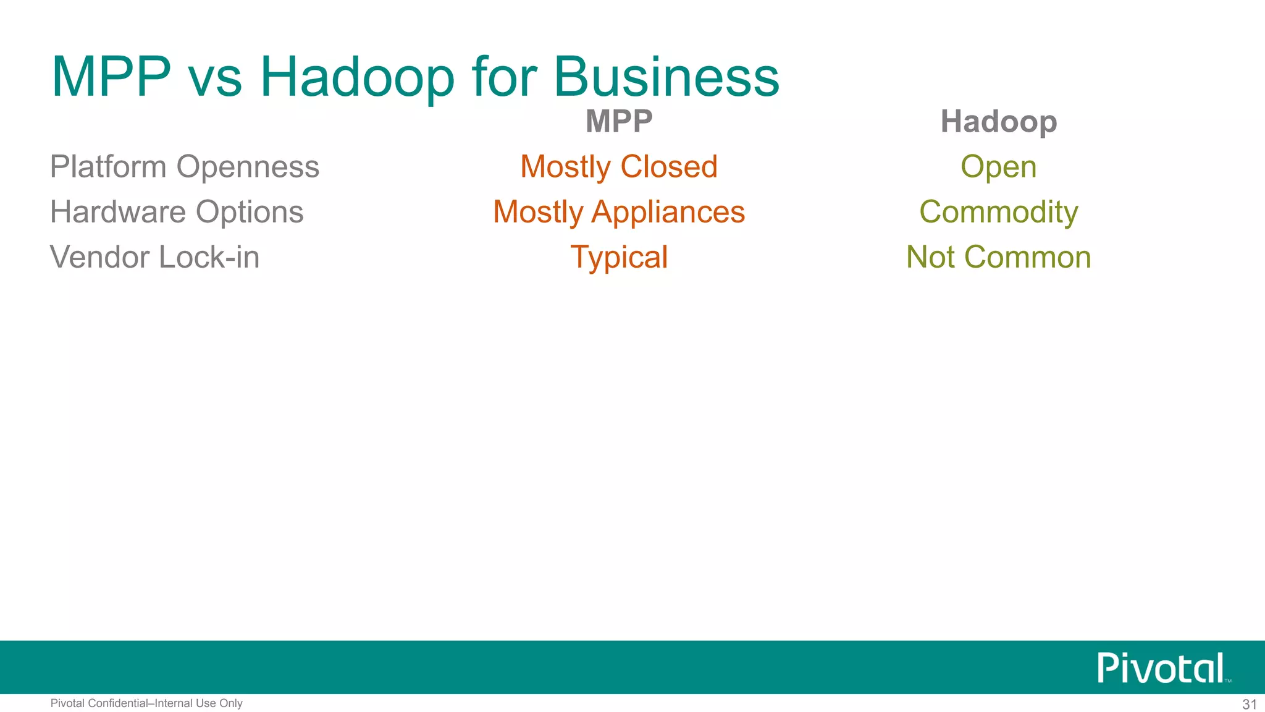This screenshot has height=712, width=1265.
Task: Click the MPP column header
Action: point(619,121)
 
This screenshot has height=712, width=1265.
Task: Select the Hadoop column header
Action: point(998,122)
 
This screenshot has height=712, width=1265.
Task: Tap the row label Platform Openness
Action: point(185,167)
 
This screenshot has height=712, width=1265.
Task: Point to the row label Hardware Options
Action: point(177,212)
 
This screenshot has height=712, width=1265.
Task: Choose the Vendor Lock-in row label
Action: point(154,257)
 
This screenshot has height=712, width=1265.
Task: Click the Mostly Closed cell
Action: point(619,167)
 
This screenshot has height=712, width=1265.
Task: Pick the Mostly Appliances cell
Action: point(619,212)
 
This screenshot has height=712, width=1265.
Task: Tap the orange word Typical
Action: point(619,257)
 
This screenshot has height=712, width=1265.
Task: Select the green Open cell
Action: point(998,167)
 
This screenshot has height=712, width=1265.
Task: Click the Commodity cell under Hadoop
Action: point(998,212)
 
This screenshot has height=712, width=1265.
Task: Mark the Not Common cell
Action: point(998,257)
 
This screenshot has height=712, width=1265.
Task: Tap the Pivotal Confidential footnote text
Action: point(146,703)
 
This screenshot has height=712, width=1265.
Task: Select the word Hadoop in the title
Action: point(357,77)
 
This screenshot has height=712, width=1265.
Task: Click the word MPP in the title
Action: point(111,77)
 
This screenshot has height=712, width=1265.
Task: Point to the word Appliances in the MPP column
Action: point(668,212)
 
